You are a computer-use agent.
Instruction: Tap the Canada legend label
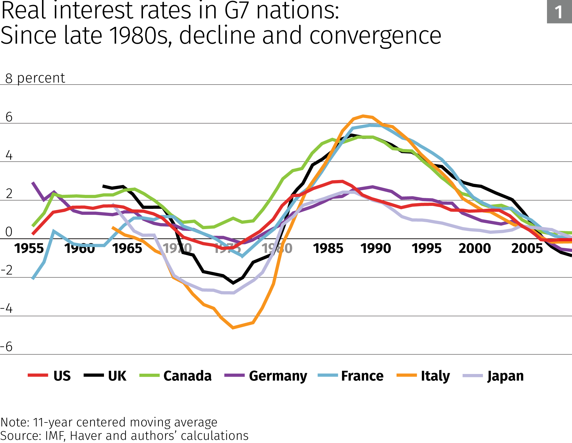tap(187, 376)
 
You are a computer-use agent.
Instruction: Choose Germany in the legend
tap(278, 376)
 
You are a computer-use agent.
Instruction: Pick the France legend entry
tap(362, 376)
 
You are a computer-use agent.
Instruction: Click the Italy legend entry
tap(435, 376)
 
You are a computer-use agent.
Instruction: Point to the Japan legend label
tap(505, 376)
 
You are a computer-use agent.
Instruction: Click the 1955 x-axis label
tap(29, 248)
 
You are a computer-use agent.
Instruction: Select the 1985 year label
tap(328, 248)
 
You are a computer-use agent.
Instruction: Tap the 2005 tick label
tap(527, 248)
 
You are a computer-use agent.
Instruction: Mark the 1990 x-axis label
tap(376, 248)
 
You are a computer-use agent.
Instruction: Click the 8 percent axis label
tap(35, 78)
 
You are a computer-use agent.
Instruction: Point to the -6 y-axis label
tap(7, 347)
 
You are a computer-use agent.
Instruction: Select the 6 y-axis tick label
tap(9, 117)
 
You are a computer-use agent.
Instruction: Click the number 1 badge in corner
tap(559, 12)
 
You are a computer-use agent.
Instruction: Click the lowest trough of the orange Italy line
tap(233, 328)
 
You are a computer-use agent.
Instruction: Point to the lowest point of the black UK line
tap(233, 283)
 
